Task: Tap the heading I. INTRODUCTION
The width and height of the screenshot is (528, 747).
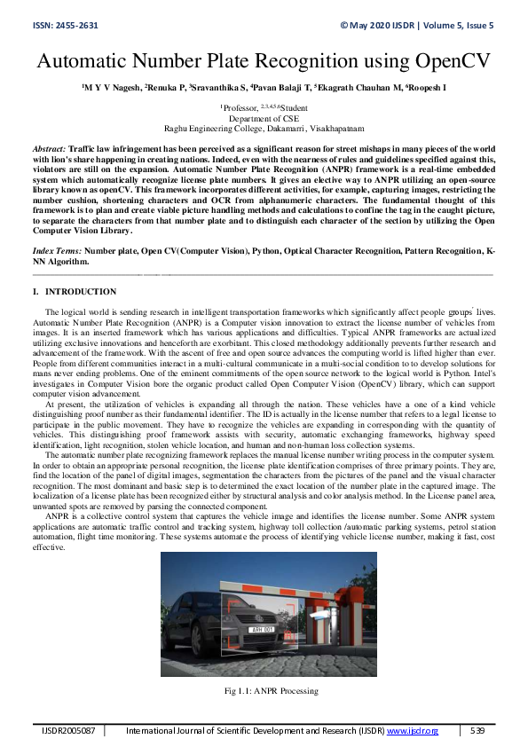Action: (x=74, y=292)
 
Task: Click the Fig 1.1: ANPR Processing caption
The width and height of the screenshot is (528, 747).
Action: (x=264, y=691)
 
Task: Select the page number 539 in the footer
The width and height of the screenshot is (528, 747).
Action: (x=477, y=729)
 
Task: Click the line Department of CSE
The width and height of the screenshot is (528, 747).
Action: (x=264, y=117)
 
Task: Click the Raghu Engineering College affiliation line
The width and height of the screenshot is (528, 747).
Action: (x=264, y=127)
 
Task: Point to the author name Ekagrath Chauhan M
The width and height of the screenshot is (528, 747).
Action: (x=361, y=89)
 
